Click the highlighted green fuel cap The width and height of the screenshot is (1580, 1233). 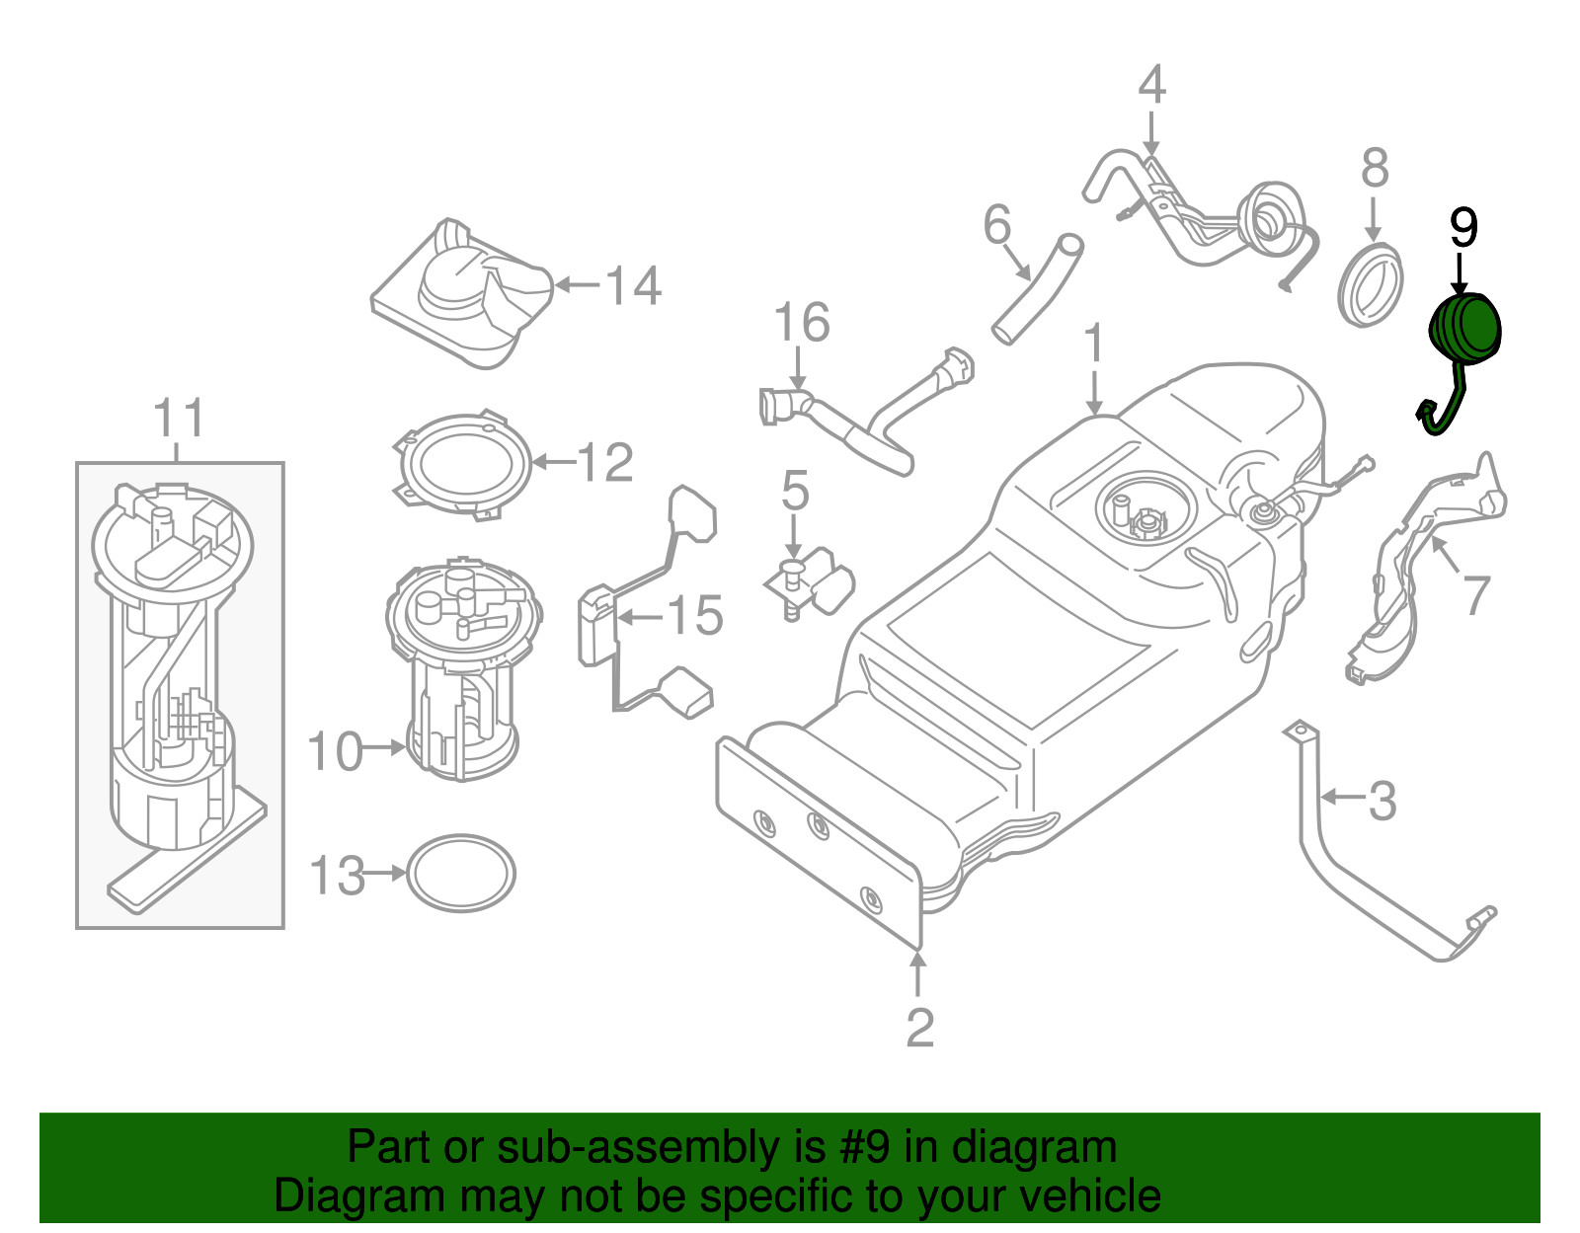(x=1466, y=330)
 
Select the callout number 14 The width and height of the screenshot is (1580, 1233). (x=633, y=285)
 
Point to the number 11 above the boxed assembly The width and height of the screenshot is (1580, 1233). (x=179, y=419)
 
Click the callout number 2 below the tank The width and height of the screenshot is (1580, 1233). (x=919, y=1028)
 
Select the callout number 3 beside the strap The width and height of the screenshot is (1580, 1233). (x=1382, y=800)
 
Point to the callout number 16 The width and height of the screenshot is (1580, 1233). (x=801, y=323)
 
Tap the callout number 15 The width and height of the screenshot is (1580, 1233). (x=696, y=616)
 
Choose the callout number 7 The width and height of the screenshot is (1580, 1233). (x=1475, y=594)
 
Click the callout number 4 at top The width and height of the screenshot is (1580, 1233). (x=1151, y=85)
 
